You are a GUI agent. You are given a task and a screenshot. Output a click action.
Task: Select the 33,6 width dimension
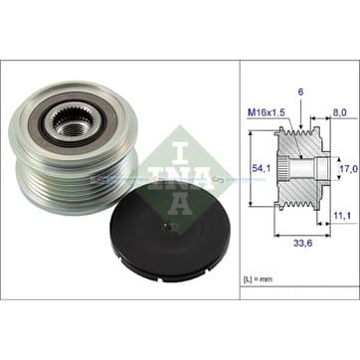(303, 243)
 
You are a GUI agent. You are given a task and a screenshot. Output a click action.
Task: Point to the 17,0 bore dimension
(349, 169)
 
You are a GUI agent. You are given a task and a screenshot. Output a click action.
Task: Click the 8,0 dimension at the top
(340, 112)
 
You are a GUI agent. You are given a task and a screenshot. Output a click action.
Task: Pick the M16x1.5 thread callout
(267, 112)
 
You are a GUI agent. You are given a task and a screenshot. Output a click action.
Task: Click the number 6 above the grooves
(300, 92)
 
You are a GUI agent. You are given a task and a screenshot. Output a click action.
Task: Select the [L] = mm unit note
(258, 279)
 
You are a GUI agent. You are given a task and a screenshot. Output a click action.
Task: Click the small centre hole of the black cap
(167, 227)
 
